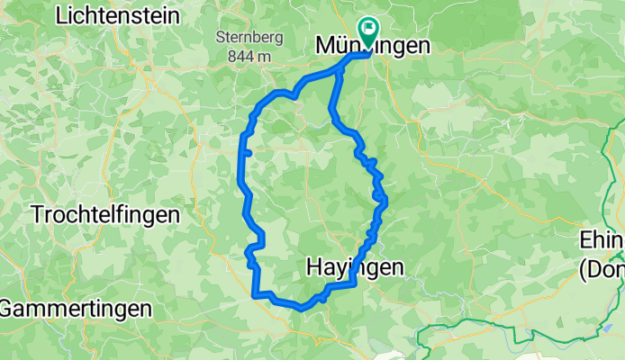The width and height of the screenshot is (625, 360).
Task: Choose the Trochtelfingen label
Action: click(105, 215)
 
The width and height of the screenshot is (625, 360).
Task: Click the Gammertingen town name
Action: click(76, 308)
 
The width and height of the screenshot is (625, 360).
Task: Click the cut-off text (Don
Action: click(602, 268)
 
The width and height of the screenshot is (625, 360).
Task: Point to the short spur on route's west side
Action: click(247, 153)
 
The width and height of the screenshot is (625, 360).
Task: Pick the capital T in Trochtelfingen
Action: click(37, 215)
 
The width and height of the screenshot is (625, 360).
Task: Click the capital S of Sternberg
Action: click(221, 38)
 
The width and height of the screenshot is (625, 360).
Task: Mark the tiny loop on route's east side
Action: click(379, 195)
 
